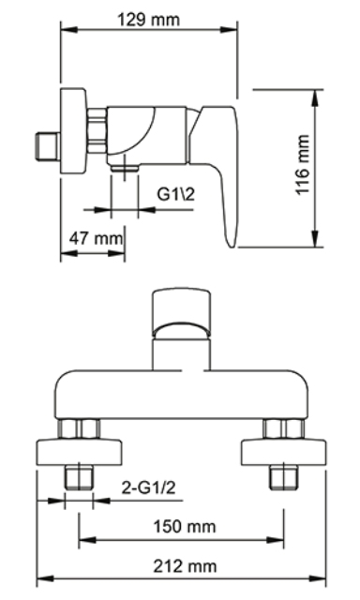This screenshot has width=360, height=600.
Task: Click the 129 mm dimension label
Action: (x=148, y=20)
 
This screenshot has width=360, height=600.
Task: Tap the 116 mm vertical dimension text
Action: (x=303, y=165)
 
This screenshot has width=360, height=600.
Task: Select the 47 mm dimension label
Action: (x=96, y=238)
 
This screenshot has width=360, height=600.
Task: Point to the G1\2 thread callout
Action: (x=176, y=194)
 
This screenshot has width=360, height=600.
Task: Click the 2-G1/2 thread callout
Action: (x=148, y=487)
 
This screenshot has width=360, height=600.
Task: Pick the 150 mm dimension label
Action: (x=185, y=527)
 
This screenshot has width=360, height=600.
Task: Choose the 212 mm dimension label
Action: (x=185, y=566)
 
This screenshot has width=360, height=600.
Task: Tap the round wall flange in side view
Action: (x=73, y=130)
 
